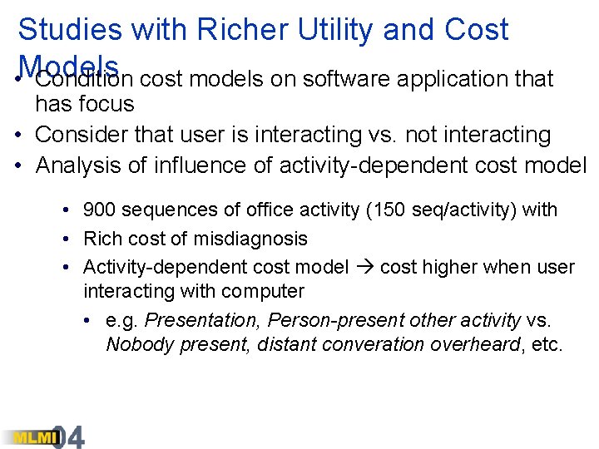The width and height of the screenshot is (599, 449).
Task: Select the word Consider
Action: coord(78,134)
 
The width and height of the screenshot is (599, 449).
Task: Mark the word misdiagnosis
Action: coord(250,239)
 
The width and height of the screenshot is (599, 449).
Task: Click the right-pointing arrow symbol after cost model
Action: coord(364,267)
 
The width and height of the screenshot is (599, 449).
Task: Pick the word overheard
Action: coord(475,344)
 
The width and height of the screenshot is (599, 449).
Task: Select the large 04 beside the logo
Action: coord(69,437)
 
